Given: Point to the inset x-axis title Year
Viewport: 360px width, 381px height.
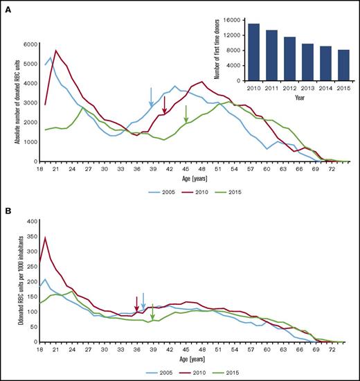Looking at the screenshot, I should [x=299, y=98].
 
